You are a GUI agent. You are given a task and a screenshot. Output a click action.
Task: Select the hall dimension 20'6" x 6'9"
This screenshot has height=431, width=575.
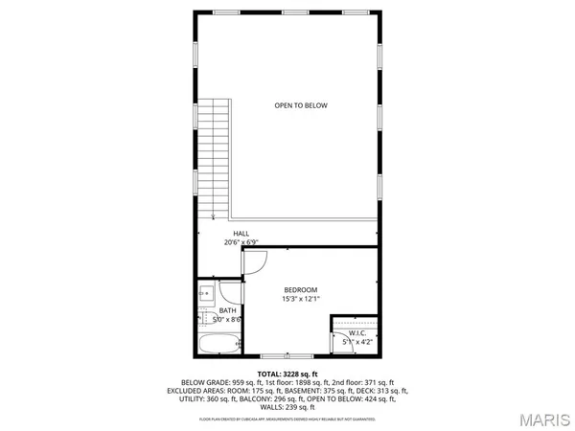(x=241, y=242)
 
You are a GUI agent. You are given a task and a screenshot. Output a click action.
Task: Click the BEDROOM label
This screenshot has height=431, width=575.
(x=301, y=289)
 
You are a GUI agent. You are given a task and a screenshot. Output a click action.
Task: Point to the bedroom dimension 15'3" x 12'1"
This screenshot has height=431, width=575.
(x=301, y=299)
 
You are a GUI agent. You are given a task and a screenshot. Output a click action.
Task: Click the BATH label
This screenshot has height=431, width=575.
(x=227, y=310)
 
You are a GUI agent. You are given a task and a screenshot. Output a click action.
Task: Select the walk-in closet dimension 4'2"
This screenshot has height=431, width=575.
(x=365, y=341)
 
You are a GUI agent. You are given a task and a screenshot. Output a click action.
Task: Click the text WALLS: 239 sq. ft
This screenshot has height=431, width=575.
(x=287, y=407)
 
